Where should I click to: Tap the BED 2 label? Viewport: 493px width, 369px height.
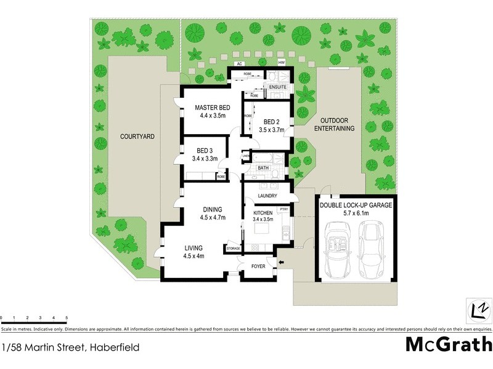pyautogui.click(x=269, y=121)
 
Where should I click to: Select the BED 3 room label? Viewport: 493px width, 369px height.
pyautogui.click(x=205, y=151)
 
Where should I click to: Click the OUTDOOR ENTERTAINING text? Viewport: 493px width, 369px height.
pyautogui.click(x=335, y=124)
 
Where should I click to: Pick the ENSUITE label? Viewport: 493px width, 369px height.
pyautogui.click(x=279, y=87)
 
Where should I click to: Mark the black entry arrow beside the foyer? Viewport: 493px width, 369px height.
pyautogui.click(x=282, y=264)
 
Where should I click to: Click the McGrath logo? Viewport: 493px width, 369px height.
pyautogui.click(x=449, y=344)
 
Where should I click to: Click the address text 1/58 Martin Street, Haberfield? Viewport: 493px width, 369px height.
pyautogui.click(x=70, y=347)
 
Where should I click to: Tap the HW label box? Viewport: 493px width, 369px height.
pyautogui.click(x=281, y=63)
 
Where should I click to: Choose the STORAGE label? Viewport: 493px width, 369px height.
pyautogui.click(x=233, y=248)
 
